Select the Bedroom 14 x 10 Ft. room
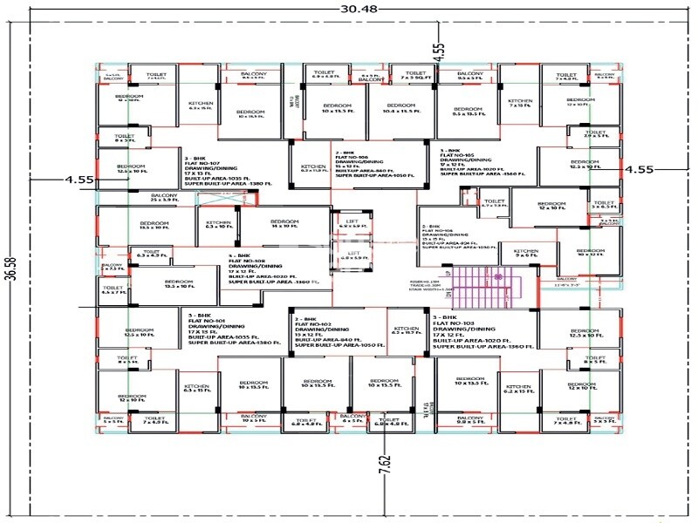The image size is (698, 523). (x=284, y=225)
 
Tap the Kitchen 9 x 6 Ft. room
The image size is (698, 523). (x=525, y=254)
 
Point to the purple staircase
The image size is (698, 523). (x=482, y=283)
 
